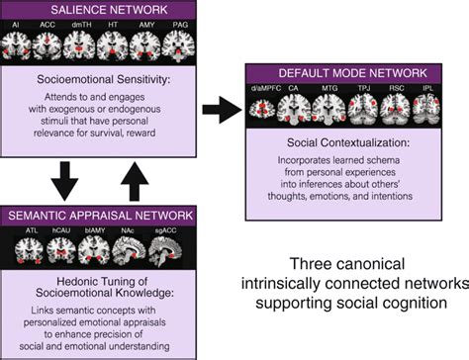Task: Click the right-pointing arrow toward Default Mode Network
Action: pyautogui.click(x=226, y=109)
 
